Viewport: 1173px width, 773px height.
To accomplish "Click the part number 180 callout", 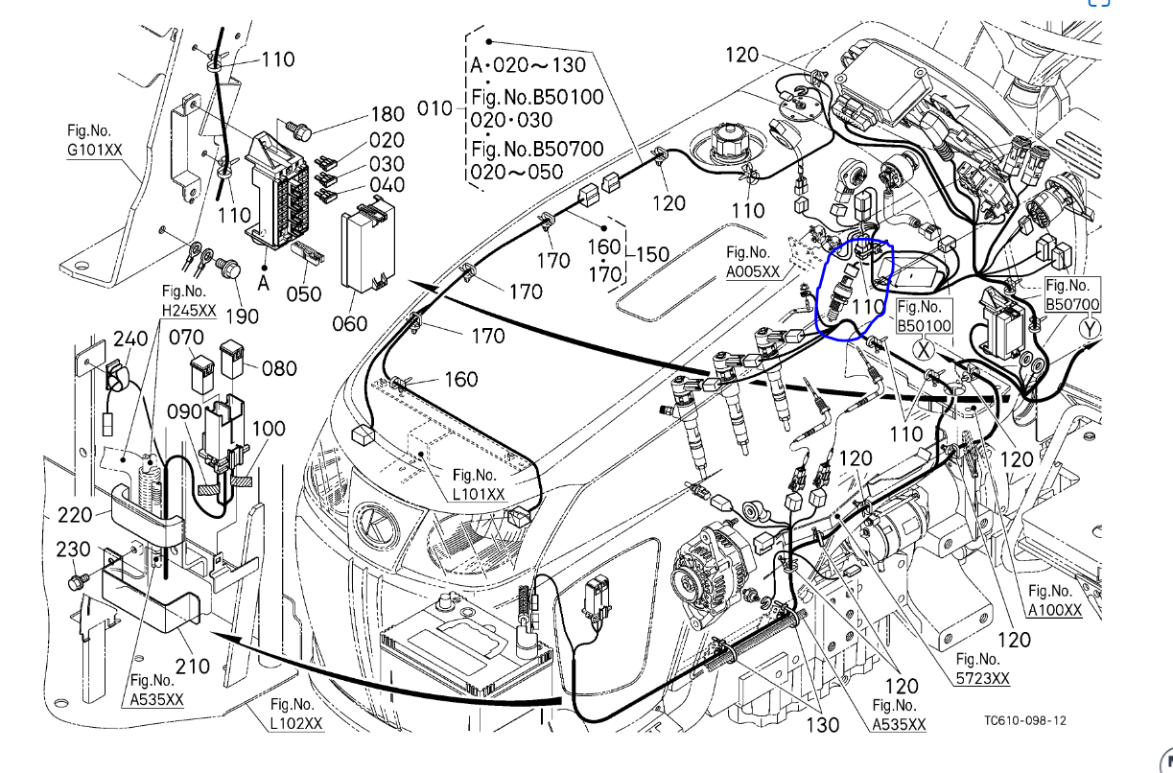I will click(x=387, y=117).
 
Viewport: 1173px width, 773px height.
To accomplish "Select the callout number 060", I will click(x=349, y=323).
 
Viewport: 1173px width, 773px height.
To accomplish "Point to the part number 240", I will click(x=131, y=339).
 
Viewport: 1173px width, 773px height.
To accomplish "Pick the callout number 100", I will click(x=269, y=428).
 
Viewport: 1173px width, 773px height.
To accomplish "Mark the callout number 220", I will click(x=75, y=515).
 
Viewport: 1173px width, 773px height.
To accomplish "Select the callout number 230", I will click(x=74, y=550).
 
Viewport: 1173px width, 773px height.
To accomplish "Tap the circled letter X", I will click(x=925, y=348).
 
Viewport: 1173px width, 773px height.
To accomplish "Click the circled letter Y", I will click(x=1091, y=328).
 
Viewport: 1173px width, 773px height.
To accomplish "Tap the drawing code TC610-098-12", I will click(x=1025, y=720).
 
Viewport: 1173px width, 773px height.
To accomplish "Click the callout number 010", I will click(x=435, y=108).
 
